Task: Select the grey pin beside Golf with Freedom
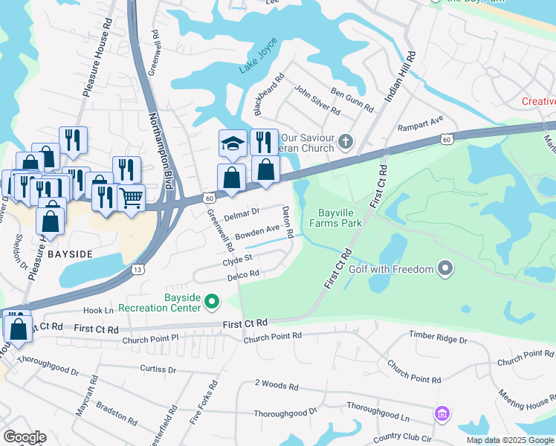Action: (445, 268)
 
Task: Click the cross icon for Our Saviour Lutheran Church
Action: (345, 140)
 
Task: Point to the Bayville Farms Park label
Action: (329, 217)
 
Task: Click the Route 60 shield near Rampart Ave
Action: (445, 139)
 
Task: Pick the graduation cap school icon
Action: (232, 143)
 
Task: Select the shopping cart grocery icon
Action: (131, 197)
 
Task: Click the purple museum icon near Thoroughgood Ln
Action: (442, 413)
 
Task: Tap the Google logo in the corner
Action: (25, 437)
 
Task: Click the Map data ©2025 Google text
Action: (510, 440)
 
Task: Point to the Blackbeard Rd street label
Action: (269, 94)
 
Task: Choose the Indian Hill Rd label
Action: (398, 78)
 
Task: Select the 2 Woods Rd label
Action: (276, 386)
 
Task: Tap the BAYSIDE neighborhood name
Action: (70, 254)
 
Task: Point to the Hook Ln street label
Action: (99, 311)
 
